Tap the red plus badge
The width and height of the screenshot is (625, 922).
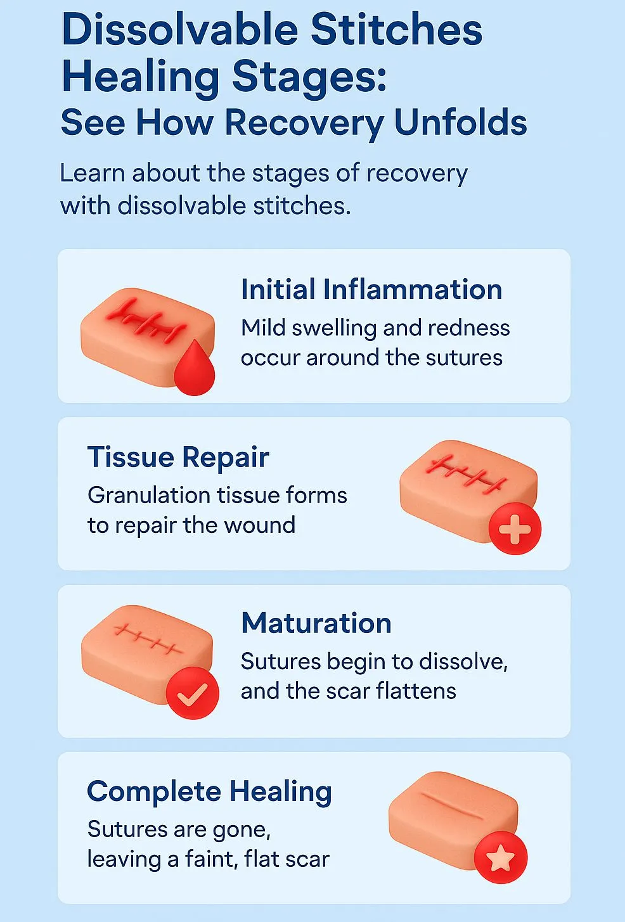click(515, 528)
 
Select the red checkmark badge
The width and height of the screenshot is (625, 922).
click(192, 693)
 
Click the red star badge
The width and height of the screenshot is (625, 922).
click(500, 857)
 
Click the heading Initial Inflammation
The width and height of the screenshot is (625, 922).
click(371, 289)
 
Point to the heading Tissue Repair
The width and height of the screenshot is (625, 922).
click(178, 457)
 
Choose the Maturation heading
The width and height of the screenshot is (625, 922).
click(316, 623)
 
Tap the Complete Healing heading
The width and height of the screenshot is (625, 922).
click(210, 791)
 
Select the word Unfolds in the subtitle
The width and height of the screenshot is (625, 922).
click(460, 122)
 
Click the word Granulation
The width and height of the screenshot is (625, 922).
click(149, 495)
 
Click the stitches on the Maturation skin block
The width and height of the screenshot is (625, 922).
click(148, 638)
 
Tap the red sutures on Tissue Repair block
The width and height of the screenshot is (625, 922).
click(467, 474)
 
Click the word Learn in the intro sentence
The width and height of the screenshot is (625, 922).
click(93, 172)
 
